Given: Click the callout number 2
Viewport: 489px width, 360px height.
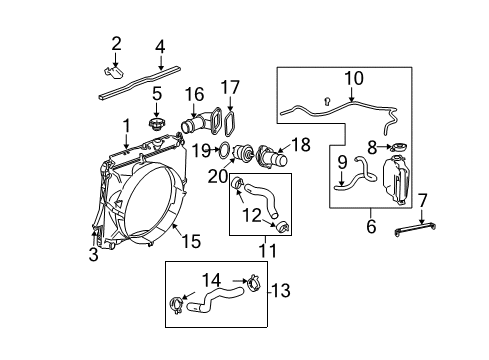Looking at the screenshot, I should (x=117, y=43).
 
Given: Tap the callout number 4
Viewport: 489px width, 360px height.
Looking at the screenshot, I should (x=159, y=47).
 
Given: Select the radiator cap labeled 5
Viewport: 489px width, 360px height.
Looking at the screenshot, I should (x=155, y=125).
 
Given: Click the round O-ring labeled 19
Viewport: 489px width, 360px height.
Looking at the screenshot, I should (x=229, y=151).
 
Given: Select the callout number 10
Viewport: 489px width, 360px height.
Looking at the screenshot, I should (x=353, y=76).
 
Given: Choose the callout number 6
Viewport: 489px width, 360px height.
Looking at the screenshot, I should (x=371, y=228).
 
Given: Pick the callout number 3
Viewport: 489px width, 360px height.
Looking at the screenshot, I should (x=94, y=255).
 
